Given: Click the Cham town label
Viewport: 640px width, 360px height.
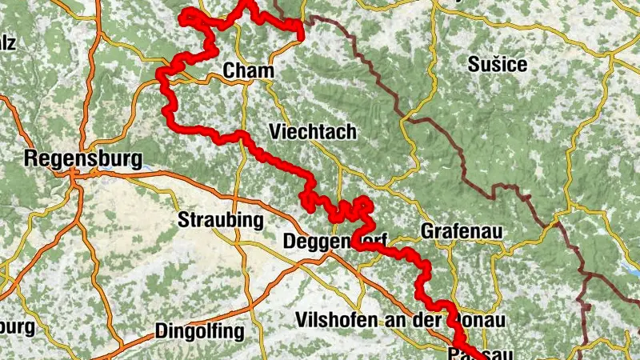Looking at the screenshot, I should (x=248, y=71).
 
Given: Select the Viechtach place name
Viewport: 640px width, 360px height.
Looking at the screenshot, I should (x=314, y=131).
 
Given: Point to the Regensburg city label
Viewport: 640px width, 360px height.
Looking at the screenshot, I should (x=83, y=158).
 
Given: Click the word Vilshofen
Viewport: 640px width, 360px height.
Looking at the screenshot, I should (x=333, y=318).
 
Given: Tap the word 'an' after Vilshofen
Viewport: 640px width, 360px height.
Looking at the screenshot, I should (x=390, y=318).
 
